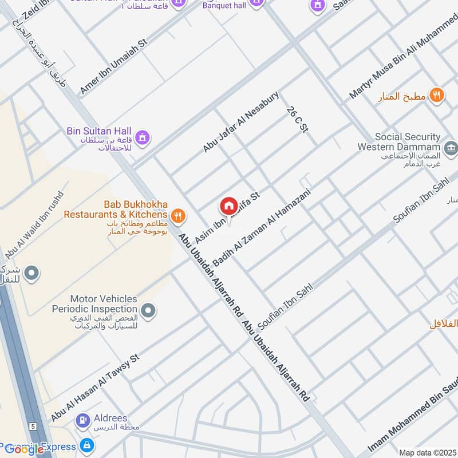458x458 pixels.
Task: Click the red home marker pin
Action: pos(228,206)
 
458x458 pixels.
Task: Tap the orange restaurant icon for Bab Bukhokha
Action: pos(179,215)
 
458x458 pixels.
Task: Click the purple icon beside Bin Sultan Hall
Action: pos(143,137)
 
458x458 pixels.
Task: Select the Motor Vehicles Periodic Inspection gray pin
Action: pos(148,311)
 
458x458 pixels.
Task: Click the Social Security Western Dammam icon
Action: pos(451,148)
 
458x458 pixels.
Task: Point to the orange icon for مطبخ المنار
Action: pos(437,96)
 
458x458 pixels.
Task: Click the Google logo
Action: pos(24,449)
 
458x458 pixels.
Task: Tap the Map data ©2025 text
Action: pos(427,452)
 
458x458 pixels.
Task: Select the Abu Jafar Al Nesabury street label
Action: pos(240,121)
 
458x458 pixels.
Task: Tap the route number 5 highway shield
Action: pos(34,426)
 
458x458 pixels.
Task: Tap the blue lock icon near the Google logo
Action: pos(86,445)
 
